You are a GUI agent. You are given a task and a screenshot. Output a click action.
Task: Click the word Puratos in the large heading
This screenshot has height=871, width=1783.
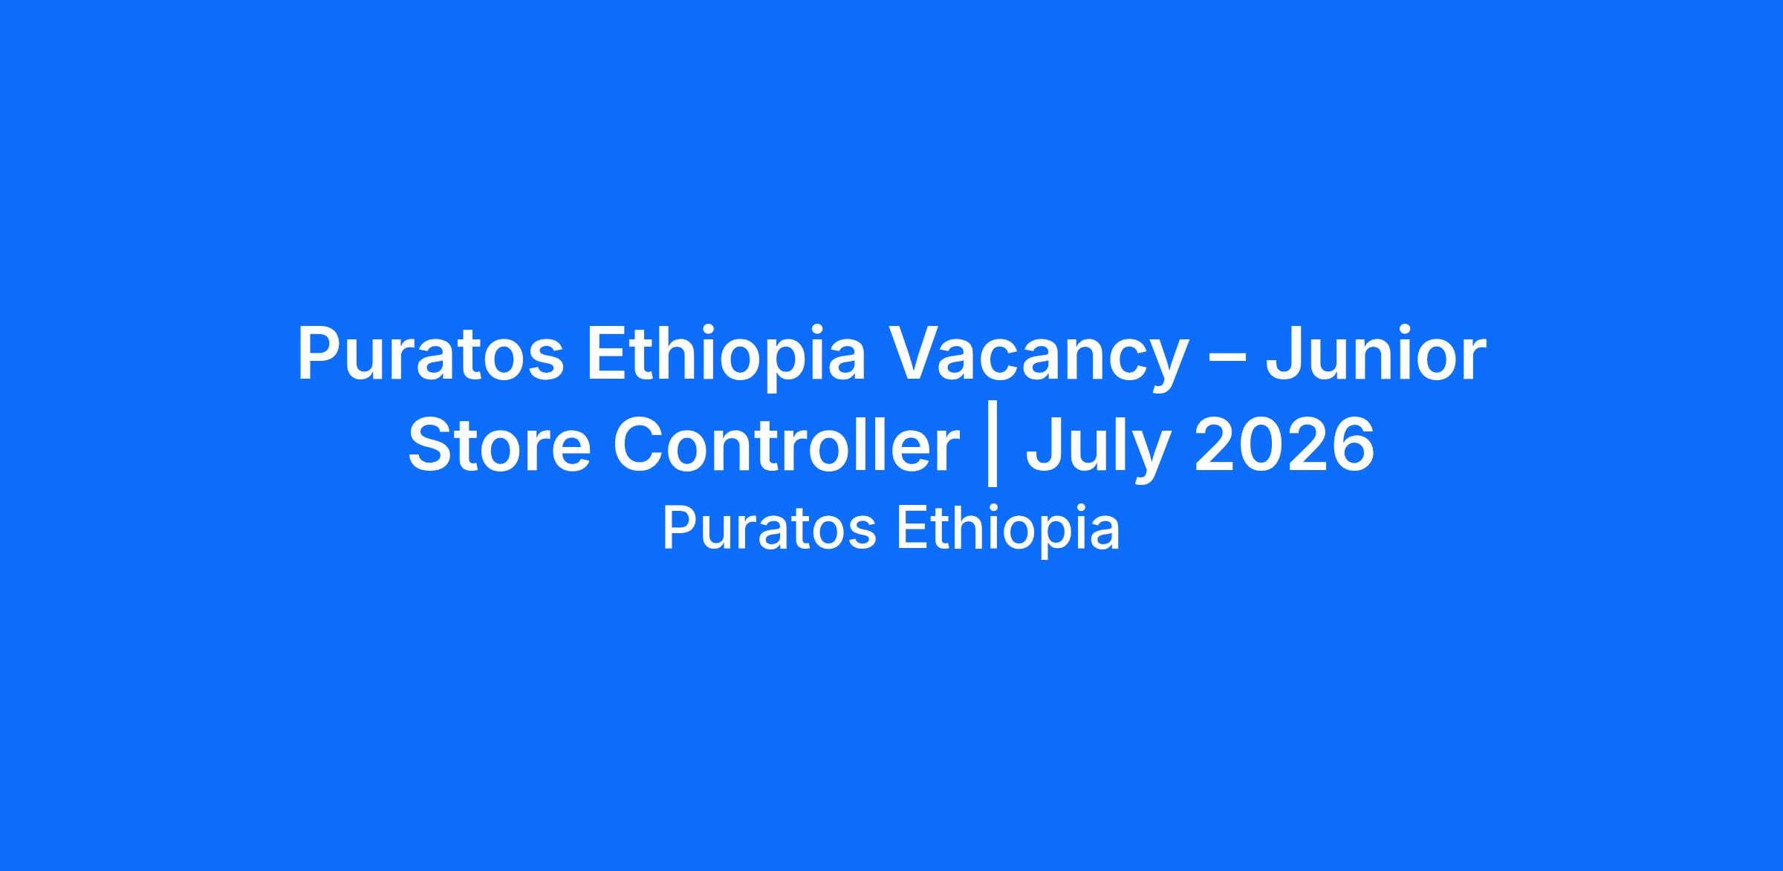431,354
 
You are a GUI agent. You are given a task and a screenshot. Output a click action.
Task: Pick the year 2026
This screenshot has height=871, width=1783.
1285,445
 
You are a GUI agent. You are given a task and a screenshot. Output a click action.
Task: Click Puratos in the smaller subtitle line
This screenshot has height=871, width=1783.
769,529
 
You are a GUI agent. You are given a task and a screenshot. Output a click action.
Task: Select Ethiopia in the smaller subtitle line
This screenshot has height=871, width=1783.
1008,530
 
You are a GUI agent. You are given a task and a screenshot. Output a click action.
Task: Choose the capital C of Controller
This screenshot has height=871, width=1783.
641,445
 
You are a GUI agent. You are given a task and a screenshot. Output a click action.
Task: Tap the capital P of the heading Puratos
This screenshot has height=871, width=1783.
320,354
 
